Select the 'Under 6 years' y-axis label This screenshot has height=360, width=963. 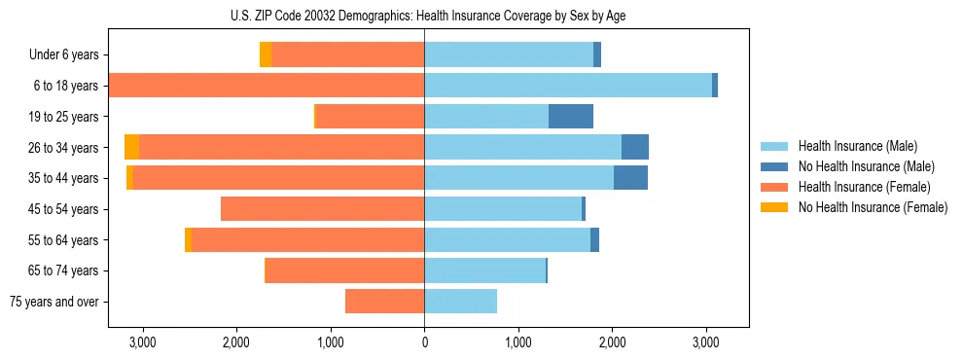coord(69,55)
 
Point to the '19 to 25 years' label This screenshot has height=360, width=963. coord(64,117)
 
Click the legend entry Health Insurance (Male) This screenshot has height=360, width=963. coord(857,146)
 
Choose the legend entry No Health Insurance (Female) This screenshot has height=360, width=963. coord(873,207)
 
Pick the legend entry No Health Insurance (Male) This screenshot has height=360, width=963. coord(866,166)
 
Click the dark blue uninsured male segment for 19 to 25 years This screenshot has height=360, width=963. coord(571,117)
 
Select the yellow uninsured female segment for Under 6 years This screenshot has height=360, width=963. coord(266,55)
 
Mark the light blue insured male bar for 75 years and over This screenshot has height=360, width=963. coord(460,302)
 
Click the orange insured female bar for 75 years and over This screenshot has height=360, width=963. coord(384,302)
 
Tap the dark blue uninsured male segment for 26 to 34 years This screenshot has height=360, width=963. coord(635,147)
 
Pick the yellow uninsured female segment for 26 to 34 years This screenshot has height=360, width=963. coord(131,147)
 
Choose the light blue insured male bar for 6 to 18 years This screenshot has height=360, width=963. coord(568,86)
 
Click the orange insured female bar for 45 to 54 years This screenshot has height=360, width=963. coord(322,209)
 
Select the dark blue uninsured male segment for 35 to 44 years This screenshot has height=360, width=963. coord(630,178)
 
